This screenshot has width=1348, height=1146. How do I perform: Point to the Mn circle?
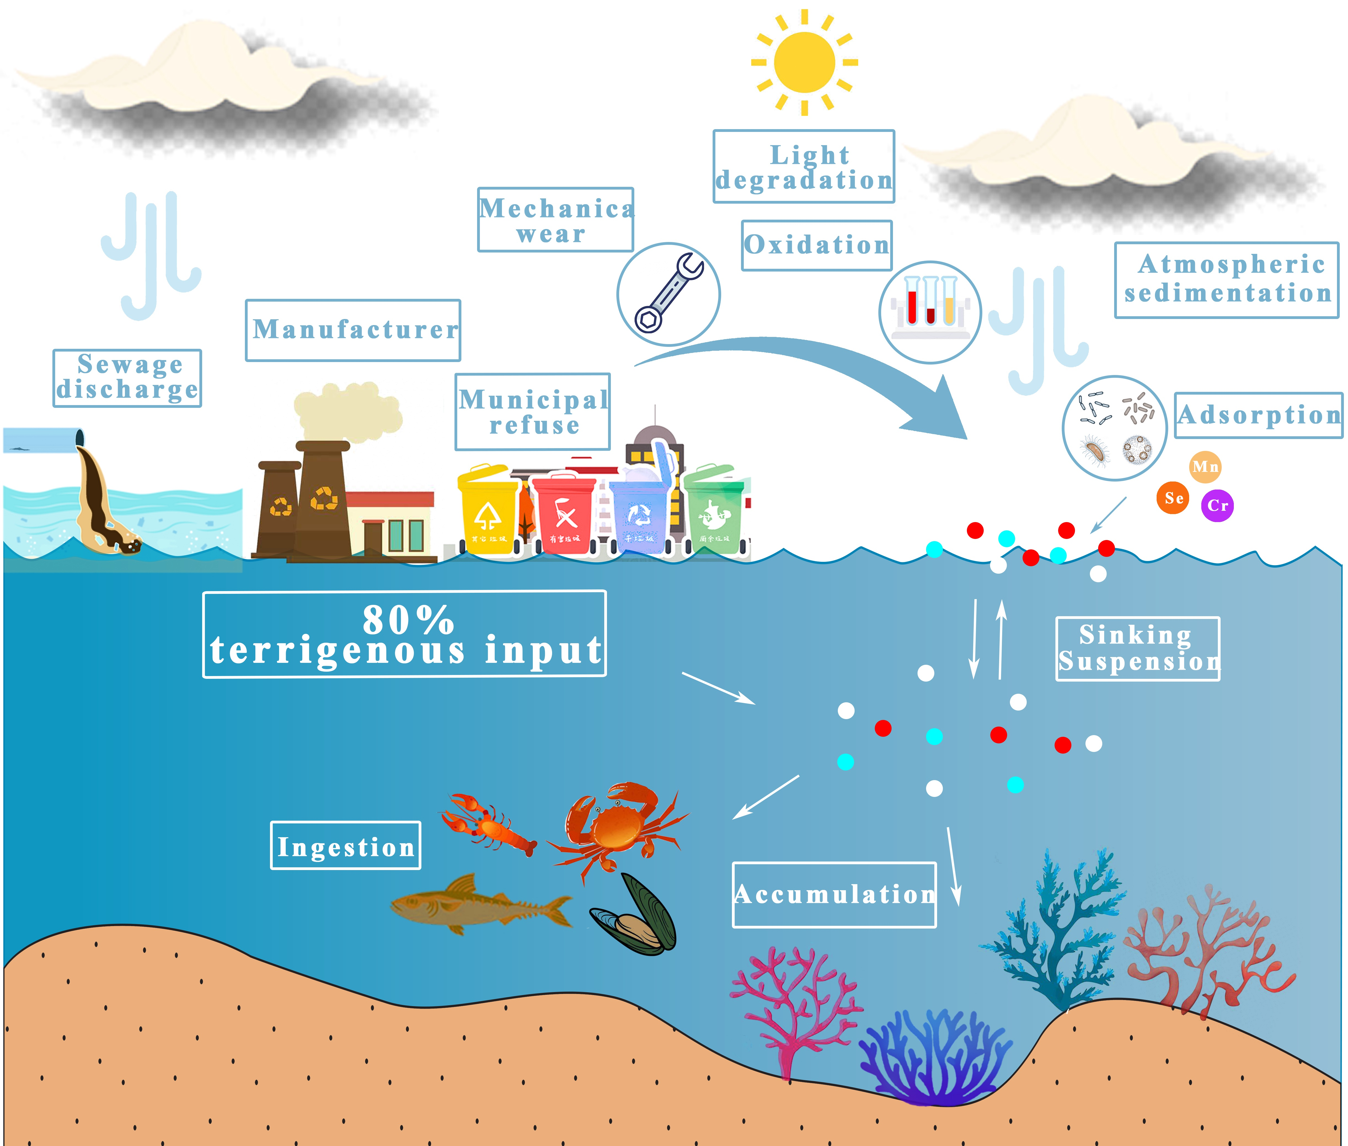point(1205,466)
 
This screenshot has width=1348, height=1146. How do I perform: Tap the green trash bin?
point(714,510)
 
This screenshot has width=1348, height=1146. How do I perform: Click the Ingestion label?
point(346,846)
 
